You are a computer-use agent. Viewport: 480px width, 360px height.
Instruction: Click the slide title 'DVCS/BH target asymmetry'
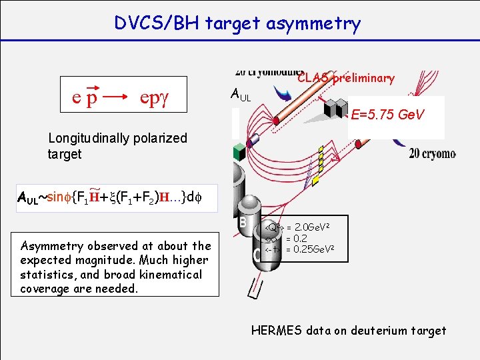click(x=237, y=24)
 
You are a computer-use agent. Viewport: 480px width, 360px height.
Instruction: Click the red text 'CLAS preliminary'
click(x=346, y=78)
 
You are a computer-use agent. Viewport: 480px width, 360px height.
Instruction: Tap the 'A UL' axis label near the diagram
click(x=241, y=95)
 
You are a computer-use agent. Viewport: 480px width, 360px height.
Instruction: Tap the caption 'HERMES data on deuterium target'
click(x=349, y=330)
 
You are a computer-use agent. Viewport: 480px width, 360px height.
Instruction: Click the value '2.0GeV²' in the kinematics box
click(x=310, y=228)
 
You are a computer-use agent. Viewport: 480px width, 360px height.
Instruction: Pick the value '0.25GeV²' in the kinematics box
click(x=310, y=249)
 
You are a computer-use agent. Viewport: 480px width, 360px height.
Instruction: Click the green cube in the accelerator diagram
click(x=239, y=151)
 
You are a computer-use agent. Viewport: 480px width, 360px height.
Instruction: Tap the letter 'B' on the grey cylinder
click(x=244, y=221)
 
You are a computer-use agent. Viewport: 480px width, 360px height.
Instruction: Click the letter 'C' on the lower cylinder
click(x=257, y=253)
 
